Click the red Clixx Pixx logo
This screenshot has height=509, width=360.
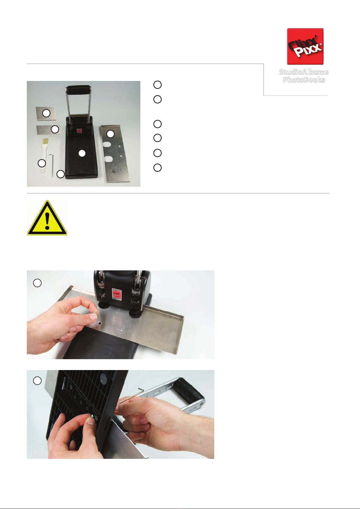click(x=305, y=46)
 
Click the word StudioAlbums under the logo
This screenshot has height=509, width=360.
click(x=304, y=72)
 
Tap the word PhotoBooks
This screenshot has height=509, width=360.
click(x=304, y=80)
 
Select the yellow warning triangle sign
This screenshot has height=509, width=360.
click(x=47, y=218)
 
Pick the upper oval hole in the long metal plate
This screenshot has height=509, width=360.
click(x=107, y=144)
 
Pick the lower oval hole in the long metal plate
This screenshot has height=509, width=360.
click(x=109, y=159)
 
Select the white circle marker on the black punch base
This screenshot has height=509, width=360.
click(x=82, y=153)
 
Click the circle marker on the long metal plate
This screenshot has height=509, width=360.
click(x=111, y=134)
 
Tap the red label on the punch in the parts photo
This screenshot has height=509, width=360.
click(x=79, y=131)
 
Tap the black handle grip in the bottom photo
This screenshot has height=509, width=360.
click(x=189, y=390)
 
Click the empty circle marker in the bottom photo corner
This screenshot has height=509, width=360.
click(x=37, y=381)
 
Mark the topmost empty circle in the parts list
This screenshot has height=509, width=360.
click(x=157, y=85)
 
